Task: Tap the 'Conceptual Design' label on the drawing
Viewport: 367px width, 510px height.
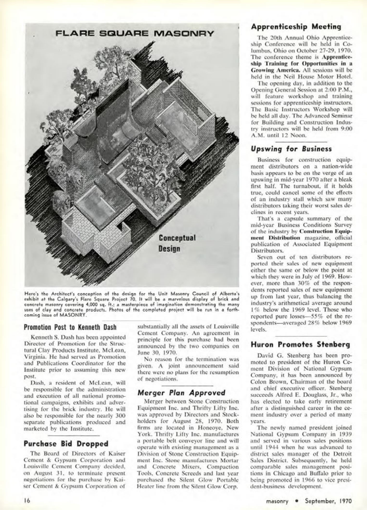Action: pyautogui.click(x=177, y=243)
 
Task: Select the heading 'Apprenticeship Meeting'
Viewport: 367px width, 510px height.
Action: pyautogui.click(x=296, y=27)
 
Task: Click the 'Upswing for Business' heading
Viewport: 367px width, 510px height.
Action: pyautogui.click(x=291, y=149)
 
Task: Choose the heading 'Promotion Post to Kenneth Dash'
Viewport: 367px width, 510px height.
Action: pyautogui.click(x=70, y=327)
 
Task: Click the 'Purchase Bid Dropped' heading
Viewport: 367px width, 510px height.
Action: pyautogui.click(x=66, y=443)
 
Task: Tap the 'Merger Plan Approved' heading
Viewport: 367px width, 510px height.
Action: pyautogui.click(x=181, y=392)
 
